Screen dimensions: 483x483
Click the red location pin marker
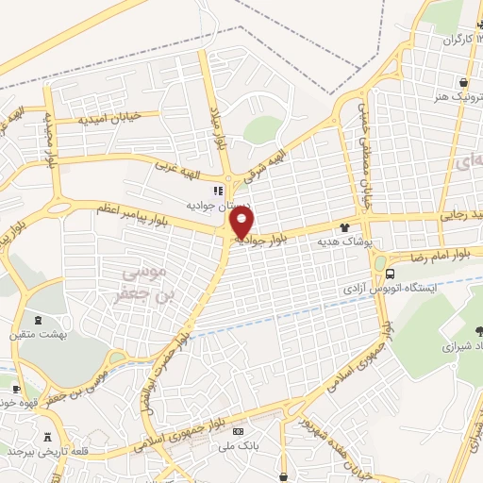(x=242, y=224)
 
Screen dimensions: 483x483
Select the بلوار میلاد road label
(x=218, y=127)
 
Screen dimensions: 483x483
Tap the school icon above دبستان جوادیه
(x=219, y=190)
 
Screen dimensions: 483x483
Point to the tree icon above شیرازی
(x=479, y=329)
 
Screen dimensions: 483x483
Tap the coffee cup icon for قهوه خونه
(x=16, y=387)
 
